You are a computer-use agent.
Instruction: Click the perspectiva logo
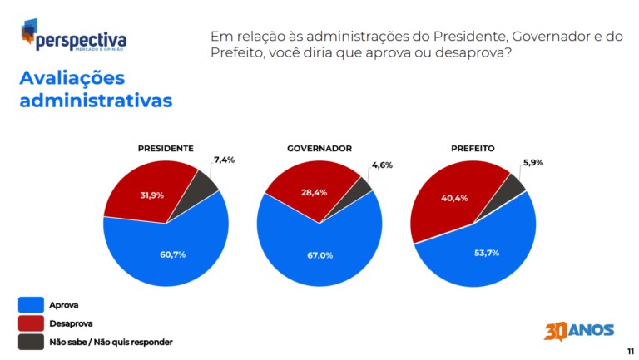point(74,37)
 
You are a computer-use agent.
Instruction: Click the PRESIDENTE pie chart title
point(166,148)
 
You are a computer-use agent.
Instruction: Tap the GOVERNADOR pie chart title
point(319,148)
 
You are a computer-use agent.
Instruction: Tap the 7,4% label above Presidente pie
point(225,159)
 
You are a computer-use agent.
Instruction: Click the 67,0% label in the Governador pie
point(319,255)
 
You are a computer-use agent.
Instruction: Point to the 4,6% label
point(381,165)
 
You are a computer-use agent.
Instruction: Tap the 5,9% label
point(532,162)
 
